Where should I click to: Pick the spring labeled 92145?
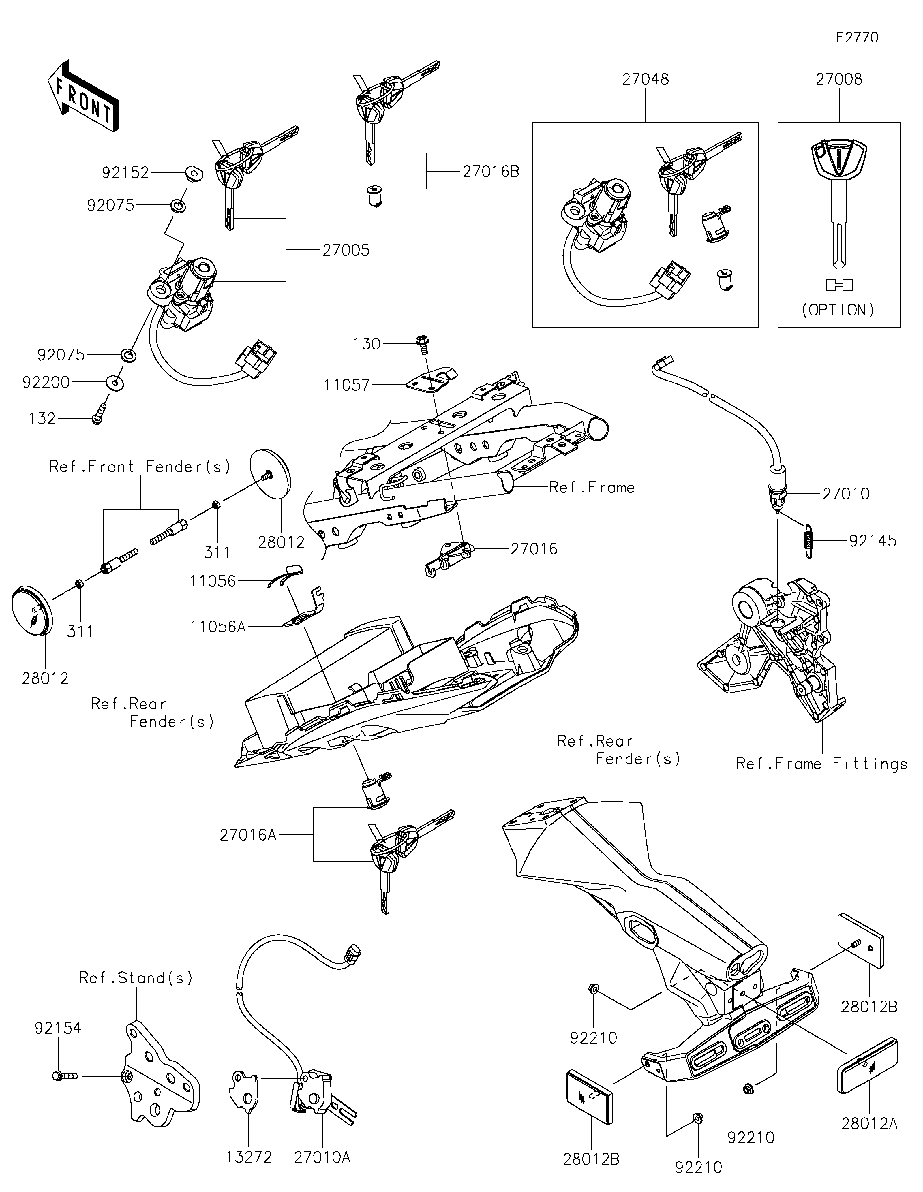tap(809, 540)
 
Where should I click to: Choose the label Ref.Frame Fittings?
tap(821, 764)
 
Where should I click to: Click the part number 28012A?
tap(869, 1124)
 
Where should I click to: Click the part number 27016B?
tap(491, 172)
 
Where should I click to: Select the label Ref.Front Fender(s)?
tap(140, 467)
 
